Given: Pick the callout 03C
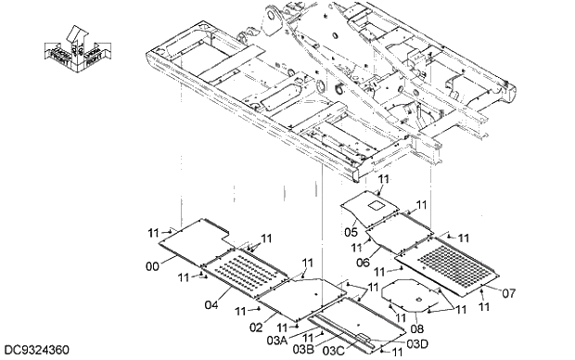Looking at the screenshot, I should [x=333, y=351].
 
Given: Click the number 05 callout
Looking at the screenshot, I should [x=351, y=232].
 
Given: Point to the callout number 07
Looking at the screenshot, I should [x=507, y=293].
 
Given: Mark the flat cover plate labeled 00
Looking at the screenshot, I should [x=194, y=238].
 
